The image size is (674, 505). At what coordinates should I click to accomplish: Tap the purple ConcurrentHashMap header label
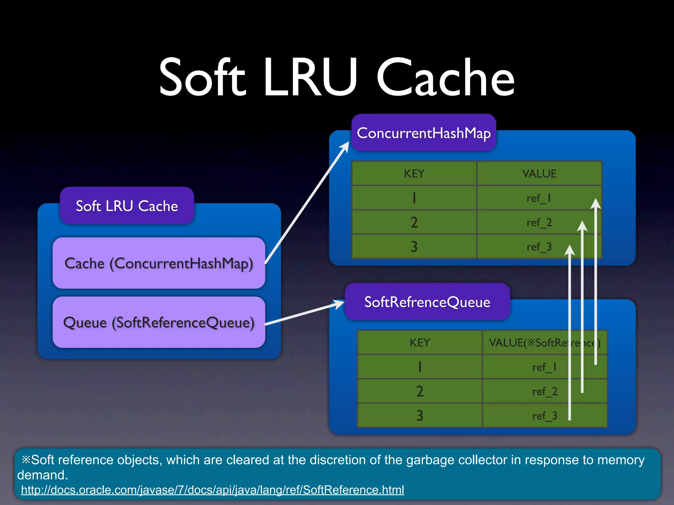click(x=424, y=133)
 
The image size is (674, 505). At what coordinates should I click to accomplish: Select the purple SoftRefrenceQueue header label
click(x=427, y=302)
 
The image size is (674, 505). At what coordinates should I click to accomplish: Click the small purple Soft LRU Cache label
click(x=127, y=206)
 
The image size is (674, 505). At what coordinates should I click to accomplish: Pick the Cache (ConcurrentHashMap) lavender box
click(x=159, y=263)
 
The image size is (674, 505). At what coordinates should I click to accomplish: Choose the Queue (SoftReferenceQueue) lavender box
click(x=159, y=322)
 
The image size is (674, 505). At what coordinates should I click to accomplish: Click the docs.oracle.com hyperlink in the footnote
click(x=212, y=490)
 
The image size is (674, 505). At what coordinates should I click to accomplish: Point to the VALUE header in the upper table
click(x=539, y=174)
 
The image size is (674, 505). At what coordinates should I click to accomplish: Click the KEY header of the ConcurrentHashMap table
click(x=414, y=174)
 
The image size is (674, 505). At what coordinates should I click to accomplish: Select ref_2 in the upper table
click(x=539, y=223)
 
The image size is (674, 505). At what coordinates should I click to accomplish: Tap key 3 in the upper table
click(x=414, y=247)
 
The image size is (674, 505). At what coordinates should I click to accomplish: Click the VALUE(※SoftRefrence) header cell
click(x=544, y=343)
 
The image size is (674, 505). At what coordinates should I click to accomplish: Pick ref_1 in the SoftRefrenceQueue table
click(x=544, y=367)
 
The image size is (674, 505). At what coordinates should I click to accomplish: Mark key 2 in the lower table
click(x=420, y=391)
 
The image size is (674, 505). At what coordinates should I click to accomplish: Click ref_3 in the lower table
click(x=544, y=416)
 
